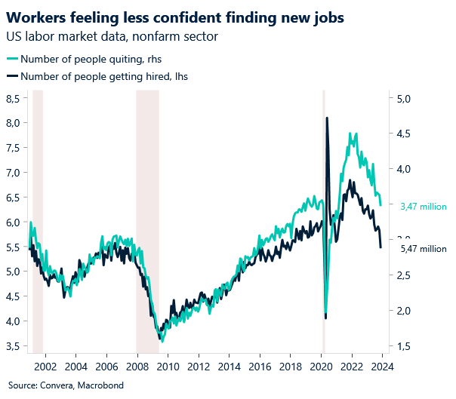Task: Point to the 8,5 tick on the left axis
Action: coord(13,98)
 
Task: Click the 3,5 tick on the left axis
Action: coord(13,346)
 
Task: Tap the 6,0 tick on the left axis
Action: coord(13,223)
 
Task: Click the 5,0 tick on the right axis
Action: coord(403,98)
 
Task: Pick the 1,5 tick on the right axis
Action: coord(403,346)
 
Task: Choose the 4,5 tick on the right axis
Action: coord(403,134)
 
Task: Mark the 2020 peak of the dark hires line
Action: coord(327,118)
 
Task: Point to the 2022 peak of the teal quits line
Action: coord(352,134)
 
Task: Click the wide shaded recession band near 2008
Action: coord(147,219)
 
